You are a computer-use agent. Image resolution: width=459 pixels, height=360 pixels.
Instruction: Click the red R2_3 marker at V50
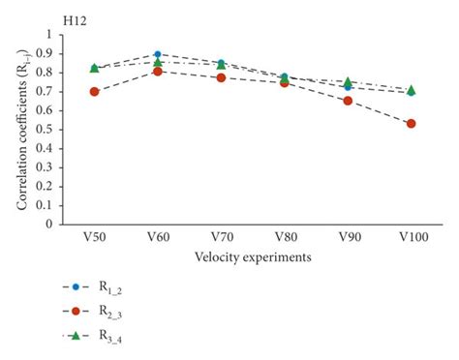tap(94, 92)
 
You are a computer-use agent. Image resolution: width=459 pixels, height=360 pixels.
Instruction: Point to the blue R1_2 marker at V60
tap(158, 54)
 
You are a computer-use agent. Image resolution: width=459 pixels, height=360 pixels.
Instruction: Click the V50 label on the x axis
tap(94, 237)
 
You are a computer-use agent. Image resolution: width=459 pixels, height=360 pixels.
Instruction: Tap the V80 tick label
tap(284, 237)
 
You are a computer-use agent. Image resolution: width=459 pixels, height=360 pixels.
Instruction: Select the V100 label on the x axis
tap(411, 237)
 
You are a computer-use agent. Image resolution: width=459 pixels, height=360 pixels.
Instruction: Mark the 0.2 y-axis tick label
tap(49, 186)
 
